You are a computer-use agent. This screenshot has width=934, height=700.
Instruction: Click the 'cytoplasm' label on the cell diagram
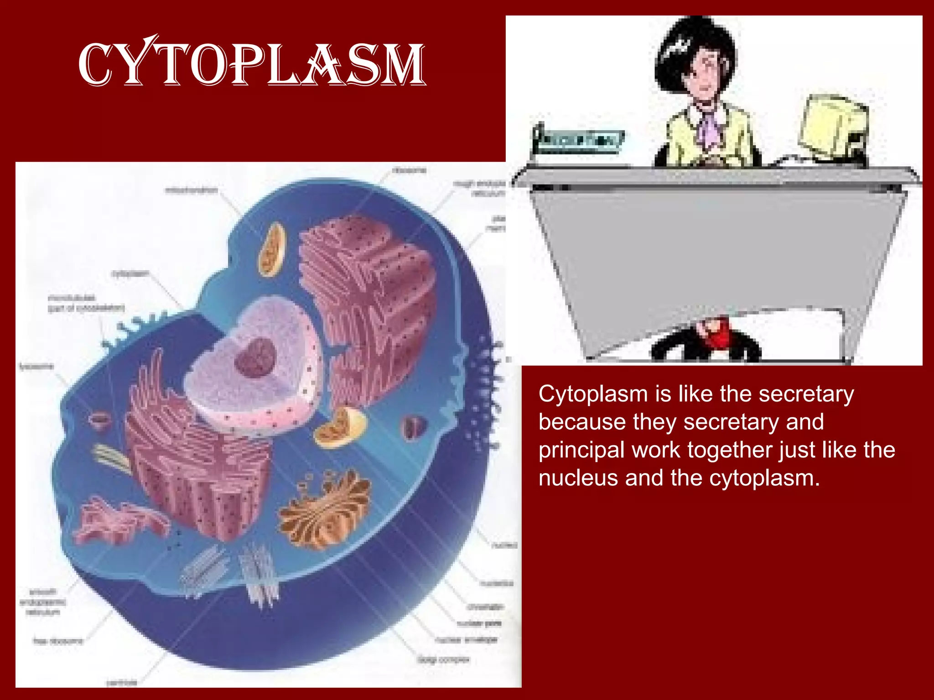pyautogui.click(x=130, y=273)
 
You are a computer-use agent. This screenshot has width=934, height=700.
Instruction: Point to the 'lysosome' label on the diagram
pyautogui.click(x=36, y=366)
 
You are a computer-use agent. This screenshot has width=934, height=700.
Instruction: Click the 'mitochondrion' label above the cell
pyautogui.click(x=191, y=190)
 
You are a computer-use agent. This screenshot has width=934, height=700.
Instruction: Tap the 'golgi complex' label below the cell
pyautogui.click(x=443, y=659)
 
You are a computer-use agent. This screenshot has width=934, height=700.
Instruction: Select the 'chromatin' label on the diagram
pyautogui.click(x=485, y=607)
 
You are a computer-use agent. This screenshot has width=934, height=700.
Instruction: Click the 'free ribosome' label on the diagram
pyautogui.click(x=58, y=641)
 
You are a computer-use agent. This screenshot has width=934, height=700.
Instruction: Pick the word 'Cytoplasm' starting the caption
pyautogui.click(x=593, y=394)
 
